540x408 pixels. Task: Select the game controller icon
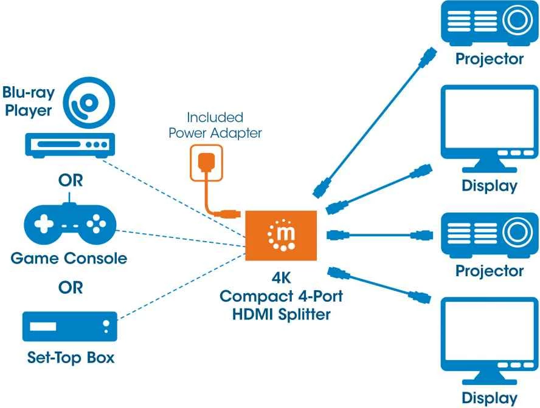click(69, 225)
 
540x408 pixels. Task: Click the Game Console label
click(69, 258)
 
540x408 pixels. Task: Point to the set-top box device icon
click(69, 327)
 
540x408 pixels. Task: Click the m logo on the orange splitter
click(281, 236)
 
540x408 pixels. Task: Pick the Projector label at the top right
click(489, 59)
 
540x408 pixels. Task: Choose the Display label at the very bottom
click(489, 398)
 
